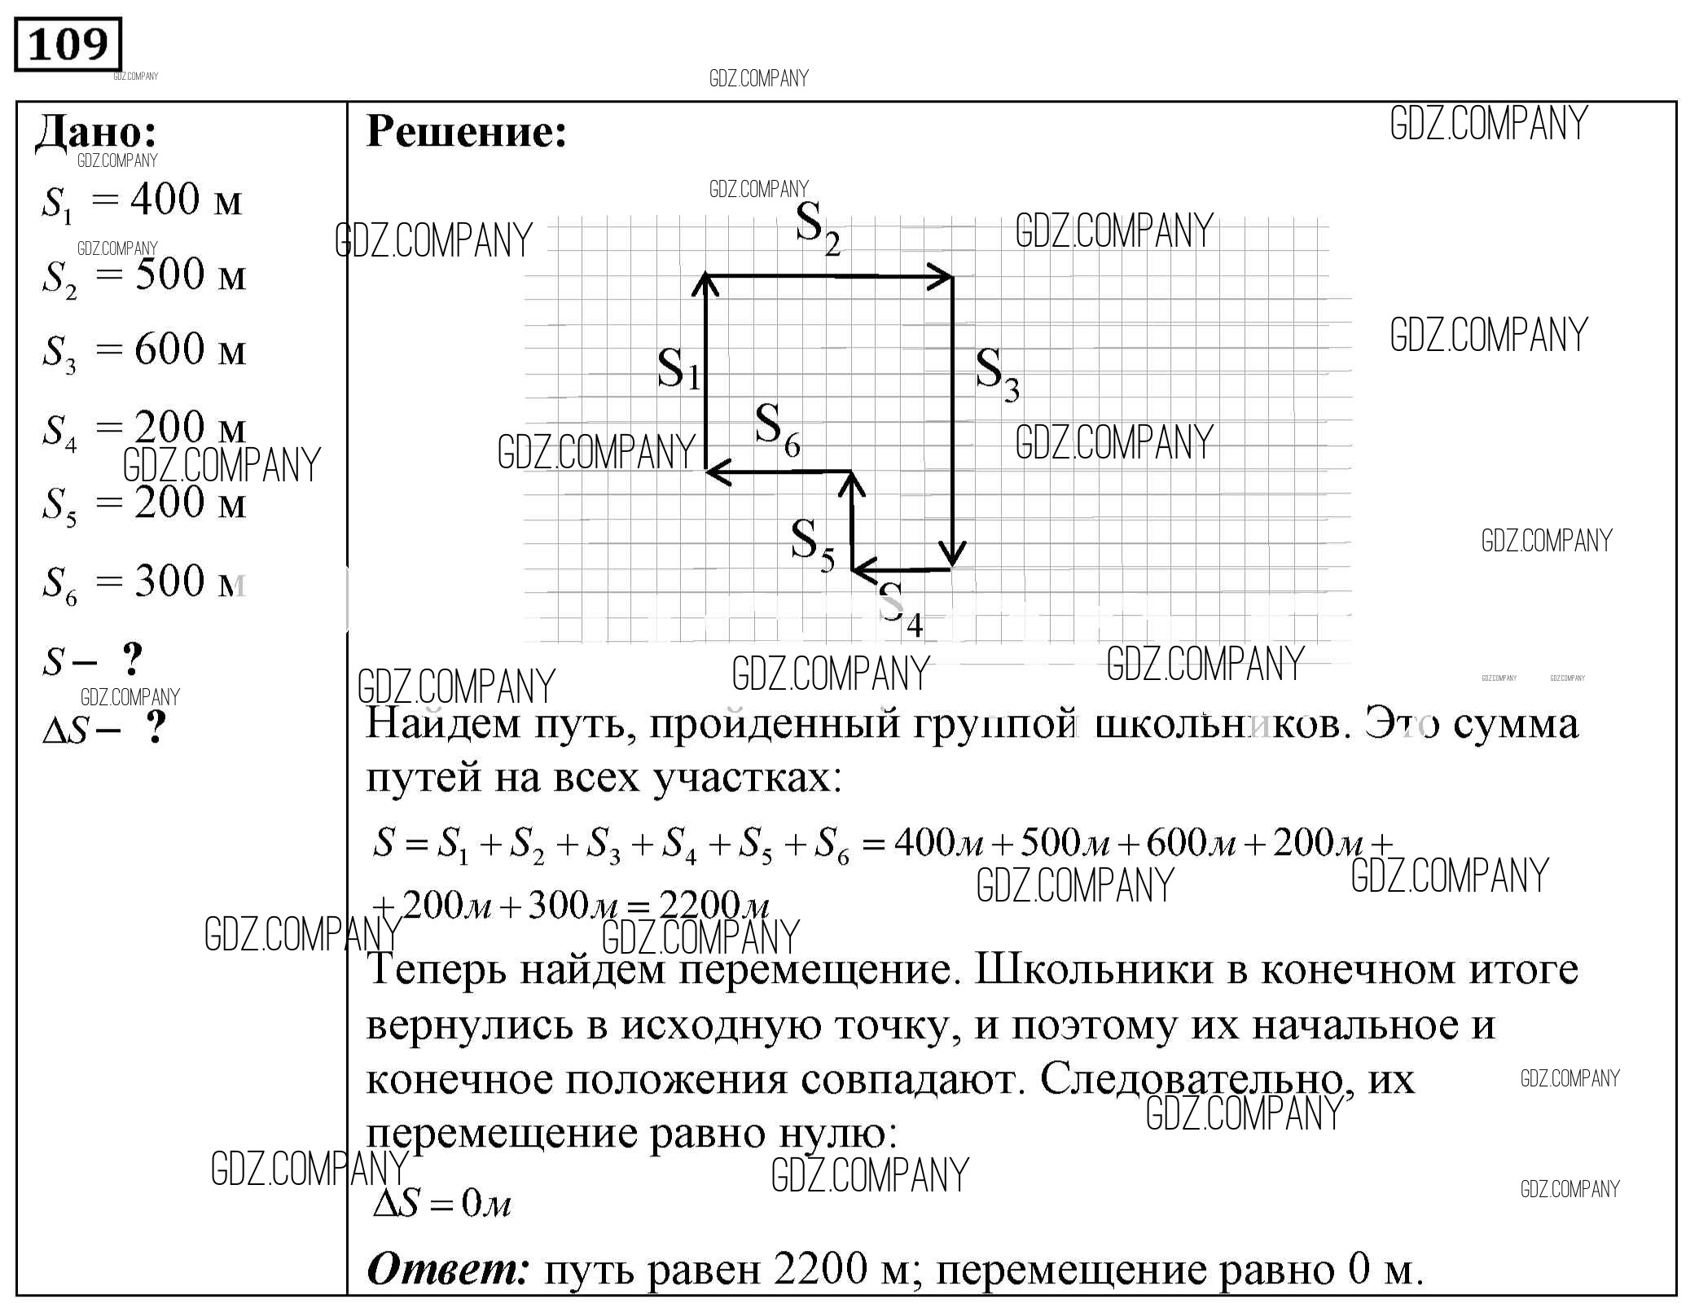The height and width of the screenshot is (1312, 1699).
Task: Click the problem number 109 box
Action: click(68, 44)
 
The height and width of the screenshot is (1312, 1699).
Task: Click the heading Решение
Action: click(466, 130)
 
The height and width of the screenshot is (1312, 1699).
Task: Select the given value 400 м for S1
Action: click(186, 200)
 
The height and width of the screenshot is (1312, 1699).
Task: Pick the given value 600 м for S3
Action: click(189, 349)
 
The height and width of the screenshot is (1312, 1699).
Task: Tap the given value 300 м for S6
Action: click(189, 581)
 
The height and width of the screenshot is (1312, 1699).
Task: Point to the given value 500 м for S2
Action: click(189, 274)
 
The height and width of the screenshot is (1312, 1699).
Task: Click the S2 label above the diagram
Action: click(817, 229)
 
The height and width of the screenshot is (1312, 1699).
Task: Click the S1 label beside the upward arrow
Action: click(678, 369)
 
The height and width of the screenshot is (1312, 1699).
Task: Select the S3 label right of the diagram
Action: click(997, 374)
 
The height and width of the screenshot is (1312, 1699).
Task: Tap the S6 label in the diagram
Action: click(776, 429)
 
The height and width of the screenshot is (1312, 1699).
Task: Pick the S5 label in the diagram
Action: click(812, 545)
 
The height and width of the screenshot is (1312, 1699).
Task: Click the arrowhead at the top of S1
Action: click(705, 283)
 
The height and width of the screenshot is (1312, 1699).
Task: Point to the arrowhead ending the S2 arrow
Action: click(944, 278)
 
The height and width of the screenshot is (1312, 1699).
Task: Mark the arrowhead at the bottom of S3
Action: click(952, 557)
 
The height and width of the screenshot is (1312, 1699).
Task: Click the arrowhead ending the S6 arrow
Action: click(715, 472)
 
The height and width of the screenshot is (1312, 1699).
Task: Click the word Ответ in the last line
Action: click(448, 1269)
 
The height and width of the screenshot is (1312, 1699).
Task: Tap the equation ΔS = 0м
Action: click(441, 1203)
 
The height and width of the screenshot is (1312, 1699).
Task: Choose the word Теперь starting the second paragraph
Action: click(436, 970)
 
